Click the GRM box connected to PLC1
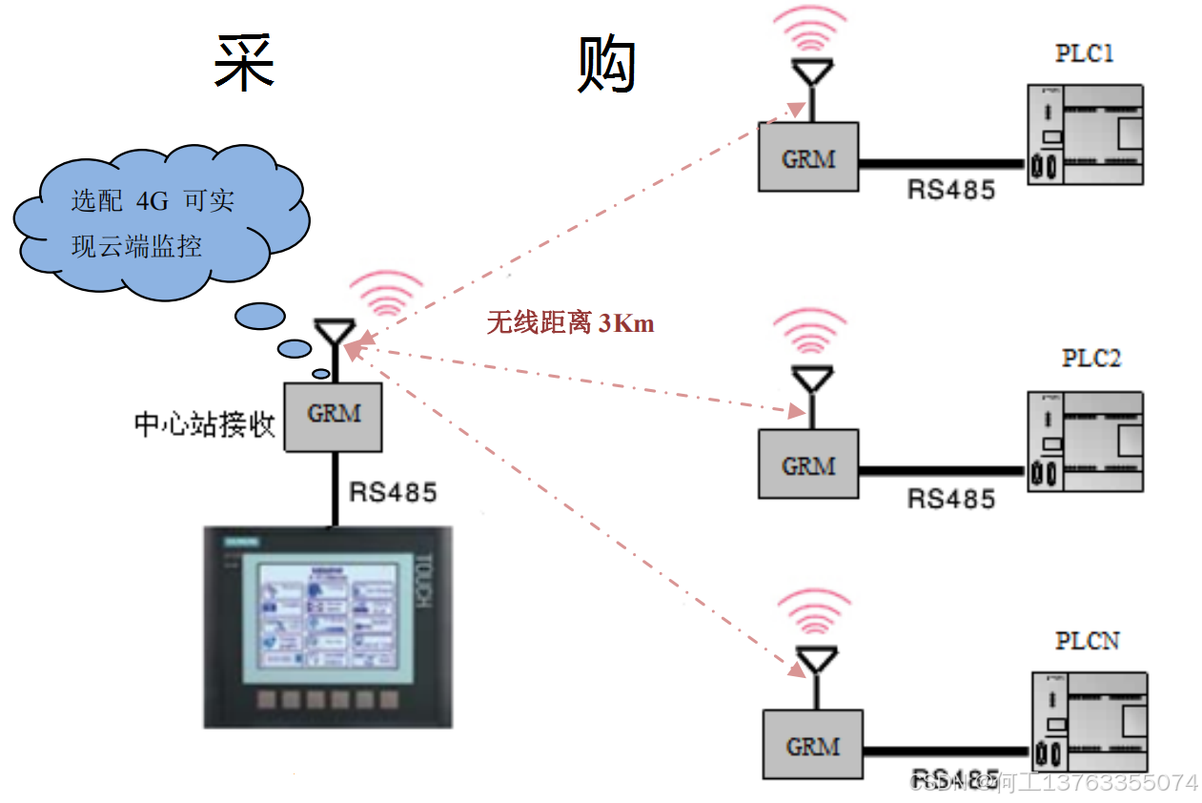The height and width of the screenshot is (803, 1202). [x=808, y=157]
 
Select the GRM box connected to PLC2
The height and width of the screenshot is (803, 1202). [x=808, y=464]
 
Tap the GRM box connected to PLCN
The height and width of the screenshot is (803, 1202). [x=812, y=745]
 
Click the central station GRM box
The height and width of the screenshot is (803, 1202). [x=334, y=416]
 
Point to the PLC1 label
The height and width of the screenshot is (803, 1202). [x=1084, y=53]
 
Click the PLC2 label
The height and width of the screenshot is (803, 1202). [x=1091, y=359]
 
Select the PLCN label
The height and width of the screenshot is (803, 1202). [x=1088, y=641]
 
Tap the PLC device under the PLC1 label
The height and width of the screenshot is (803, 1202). [x=1085, y=134]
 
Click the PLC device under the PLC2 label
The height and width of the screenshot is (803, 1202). [x=1085, y=442]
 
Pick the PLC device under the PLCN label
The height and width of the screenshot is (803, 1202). [x=1090, y=723]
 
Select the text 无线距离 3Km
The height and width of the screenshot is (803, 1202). [x=570, y=324]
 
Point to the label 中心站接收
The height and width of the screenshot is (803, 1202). [x=204, y=424]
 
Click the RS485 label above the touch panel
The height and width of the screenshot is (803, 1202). [x=393, y=492]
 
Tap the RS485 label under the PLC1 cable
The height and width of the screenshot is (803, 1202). [x=950, y=189]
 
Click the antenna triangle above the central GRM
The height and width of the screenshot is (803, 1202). [x=331, y=334]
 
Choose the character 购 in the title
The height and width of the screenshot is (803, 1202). [x=607, y=65]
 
